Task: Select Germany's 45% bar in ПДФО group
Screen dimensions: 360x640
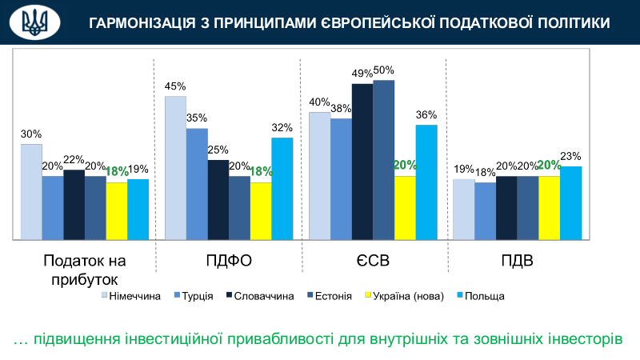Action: (175, 167)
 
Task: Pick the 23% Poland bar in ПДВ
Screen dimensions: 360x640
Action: (570, 202)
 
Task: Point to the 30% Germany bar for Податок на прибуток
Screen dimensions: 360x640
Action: (31, 191)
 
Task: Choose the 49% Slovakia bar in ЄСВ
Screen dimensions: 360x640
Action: (362, 161)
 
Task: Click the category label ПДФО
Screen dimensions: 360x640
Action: (228, 262)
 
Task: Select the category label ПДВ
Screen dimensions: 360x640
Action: (517, 262)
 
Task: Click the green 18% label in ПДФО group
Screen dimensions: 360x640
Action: (262, 171)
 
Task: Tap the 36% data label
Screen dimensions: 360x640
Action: (426, 114)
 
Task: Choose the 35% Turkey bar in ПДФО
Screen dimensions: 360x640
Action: (197, 183)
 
